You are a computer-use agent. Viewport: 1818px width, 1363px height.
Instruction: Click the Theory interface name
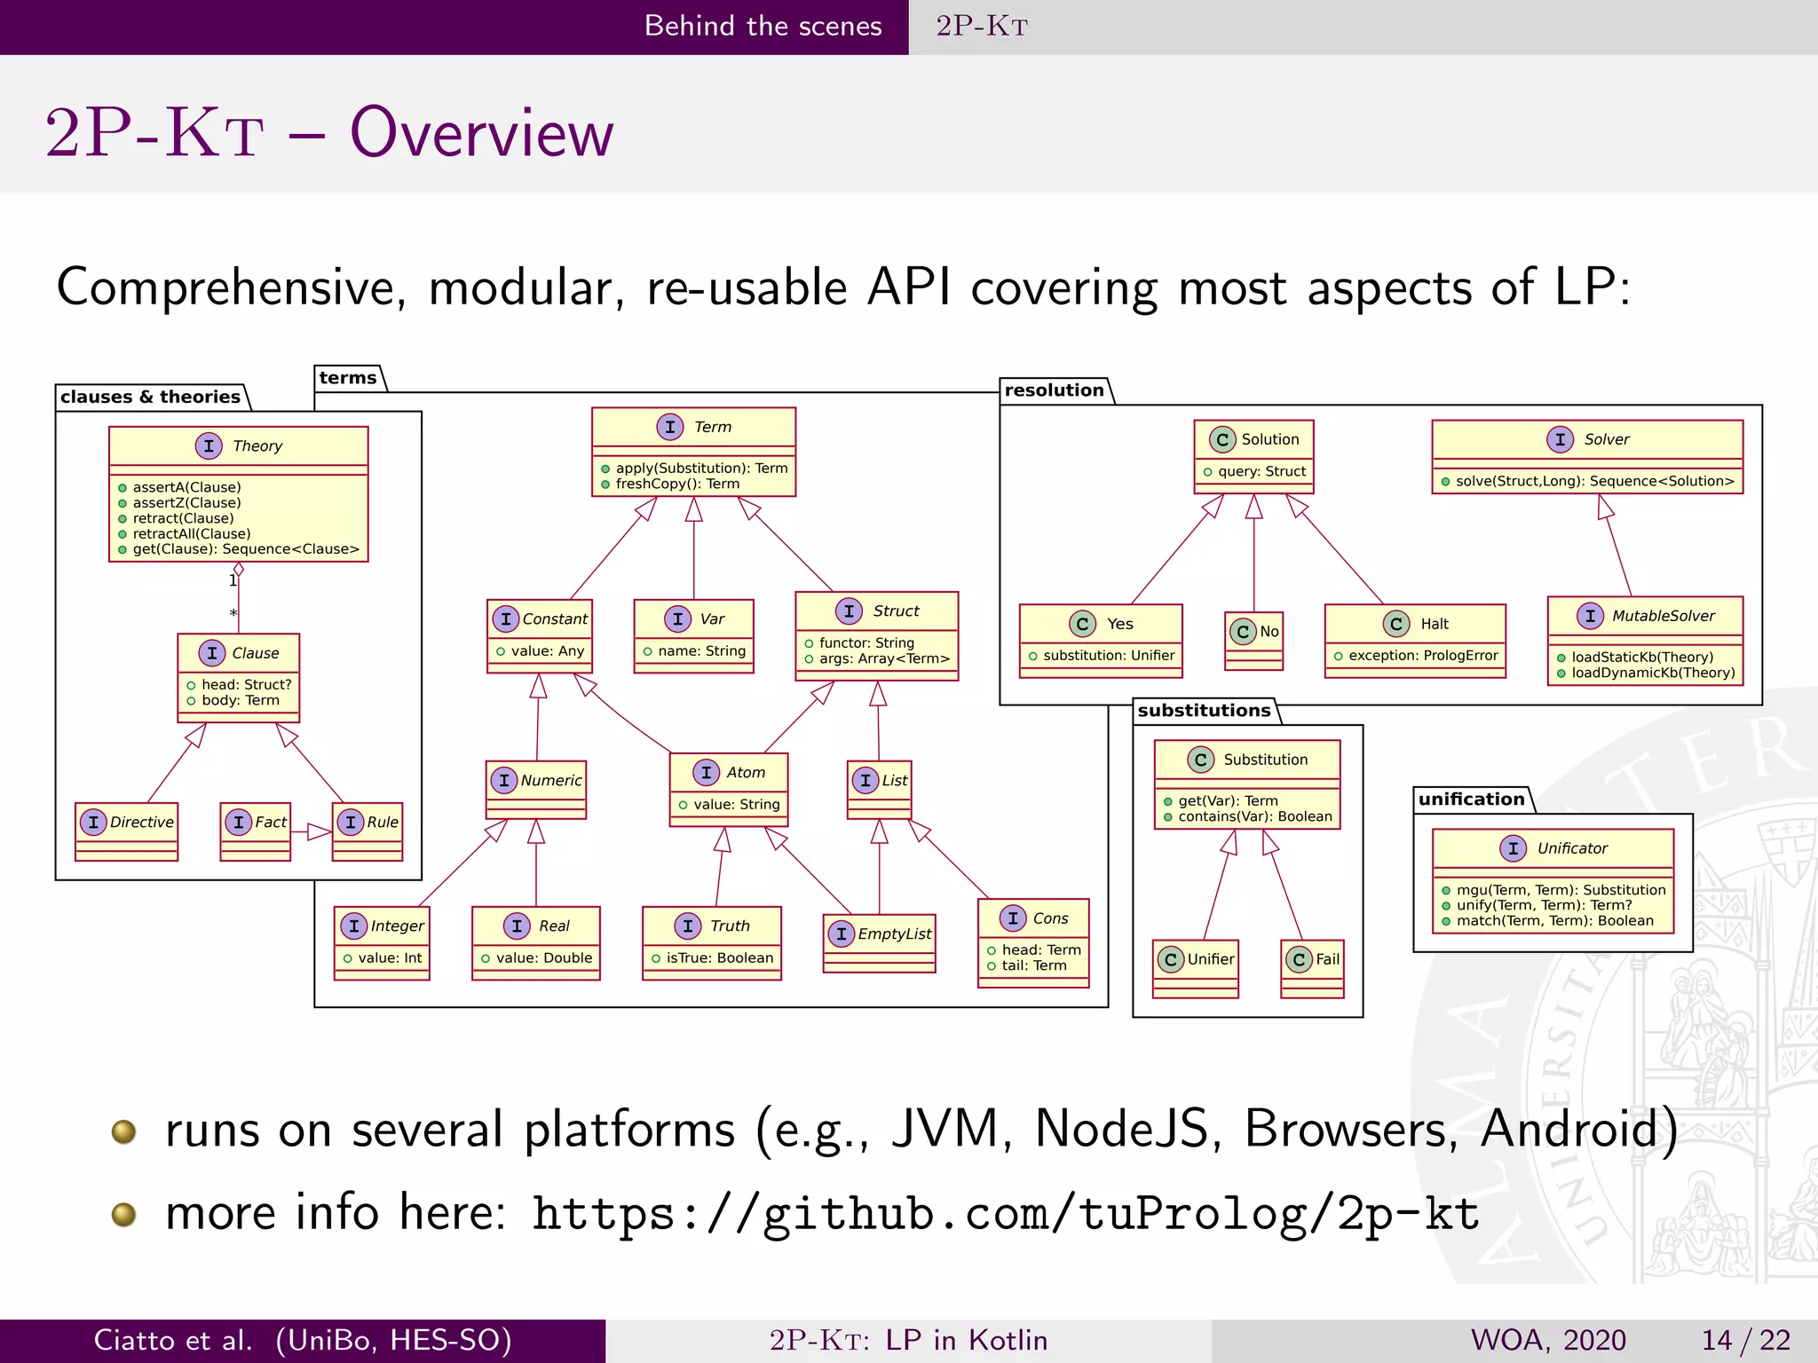click(x=257, y=446)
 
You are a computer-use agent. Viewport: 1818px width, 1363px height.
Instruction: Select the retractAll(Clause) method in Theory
click(x=192, y=534)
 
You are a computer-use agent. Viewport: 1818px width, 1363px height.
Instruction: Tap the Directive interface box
click(x=127, y=831)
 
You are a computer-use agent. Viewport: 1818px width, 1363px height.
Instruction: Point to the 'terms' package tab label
click(x=348, y=378)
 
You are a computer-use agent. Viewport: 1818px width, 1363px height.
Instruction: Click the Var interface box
click(x=694, y=635)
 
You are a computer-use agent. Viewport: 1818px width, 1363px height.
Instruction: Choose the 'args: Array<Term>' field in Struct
click(x=884, y=658)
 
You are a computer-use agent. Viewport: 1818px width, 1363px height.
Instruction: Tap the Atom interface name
click(x=746, y=773)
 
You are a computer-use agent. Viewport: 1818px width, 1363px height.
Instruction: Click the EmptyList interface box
click(x=880, y=942)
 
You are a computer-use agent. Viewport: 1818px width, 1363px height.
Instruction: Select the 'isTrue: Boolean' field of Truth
click(x=720, y=958)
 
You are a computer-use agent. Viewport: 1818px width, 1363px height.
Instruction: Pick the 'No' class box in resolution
click(x=1254, y=640)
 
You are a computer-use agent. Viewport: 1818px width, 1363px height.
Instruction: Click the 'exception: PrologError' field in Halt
click(x=1423, y=656)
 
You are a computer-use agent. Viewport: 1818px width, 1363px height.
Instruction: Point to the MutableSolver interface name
click(x=1663, y=616)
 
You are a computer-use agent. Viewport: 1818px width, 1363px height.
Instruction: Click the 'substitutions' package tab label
click(x=1204, y=711)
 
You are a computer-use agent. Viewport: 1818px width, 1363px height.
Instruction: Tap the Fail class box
click(x=1313, y=968)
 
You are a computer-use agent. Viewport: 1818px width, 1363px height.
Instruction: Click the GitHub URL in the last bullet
click(x=1005, y=1214)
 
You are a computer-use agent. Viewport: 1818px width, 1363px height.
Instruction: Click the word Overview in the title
click(x=481, y=133)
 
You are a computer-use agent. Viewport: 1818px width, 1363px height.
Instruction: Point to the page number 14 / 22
click(x=1745, y=1340)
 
